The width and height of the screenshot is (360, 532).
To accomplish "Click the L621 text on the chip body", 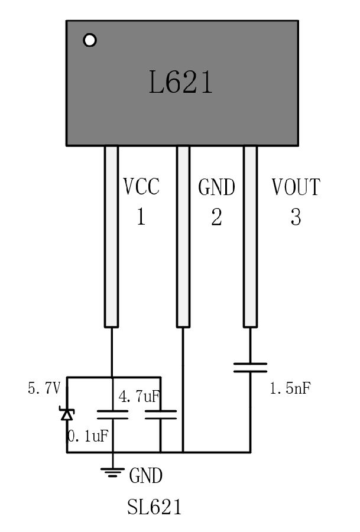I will click(180, 83).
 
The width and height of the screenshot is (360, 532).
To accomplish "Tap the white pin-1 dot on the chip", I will click(90, 40).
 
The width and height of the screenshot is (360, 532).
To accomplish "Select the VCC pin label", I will click(141, 187).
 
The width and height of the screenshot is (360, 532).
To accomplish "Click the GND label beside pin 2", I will click(216, 187).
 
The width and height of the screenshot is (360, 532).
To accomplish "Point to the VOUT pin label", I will click(296, 187).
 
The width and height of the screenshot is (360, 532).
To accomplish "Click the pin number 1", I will click(141, 217).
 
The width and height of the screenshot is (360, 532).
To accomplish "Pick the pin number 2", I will click(216, 217).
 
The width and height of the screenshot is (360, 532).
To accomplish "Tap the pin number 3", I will click(296, 217).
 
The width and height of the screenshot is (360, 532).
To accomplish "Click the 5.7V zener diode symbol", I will click(67, 413).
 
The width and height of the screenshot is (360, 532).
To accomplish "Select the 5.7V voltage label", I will click(44, 389).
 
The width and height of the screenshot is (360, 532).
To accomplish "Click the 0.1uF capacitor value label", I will click(88, 436).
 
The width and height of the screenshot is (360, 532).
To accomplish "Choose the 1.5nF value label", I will click(290, 389).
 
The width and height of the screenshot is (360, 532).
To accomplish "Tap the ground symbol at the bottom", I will click(112, 471).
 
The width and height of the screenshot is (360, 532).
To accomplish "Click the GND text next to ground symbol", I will click(145, 475).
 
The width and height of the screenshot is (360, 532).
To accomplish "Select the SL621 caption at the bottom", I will click(154, 507).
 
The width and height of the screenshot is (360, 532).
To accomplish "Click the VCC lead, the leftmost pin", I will click(111, 236).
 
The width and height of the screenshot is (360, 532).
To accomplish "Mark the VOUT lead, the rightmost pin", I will click(250, 236).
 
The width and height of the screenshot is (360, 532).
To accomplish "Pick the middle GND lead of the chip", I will click(183, 236).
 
